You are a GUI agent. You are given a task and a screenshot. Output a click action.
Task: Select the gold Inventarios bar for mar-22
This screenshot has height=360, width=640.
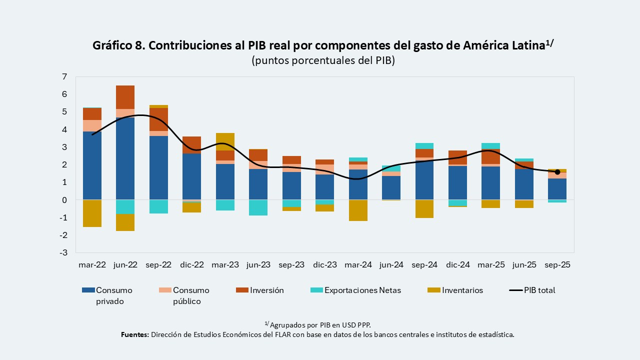[92, 213]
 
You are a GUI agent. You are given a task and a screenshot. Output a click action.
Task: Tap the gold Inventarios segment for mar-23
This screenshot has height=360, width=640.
[224, 141]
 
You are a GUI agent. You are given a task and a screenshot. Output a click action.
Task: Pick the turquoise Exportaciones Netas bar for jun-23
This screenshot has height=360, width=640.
[258, 207]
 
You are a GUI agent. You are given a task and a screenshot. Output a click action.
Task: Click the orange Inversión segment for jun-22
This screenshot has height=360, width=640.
[125, 97]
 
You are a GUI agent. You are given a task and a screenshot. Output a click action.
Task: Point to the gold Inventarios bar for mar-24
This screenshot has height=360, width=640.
[357, 210]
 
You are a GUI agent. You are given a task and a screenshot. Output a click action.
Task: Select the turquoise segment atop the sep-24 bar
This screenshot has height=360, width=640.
[424, 146]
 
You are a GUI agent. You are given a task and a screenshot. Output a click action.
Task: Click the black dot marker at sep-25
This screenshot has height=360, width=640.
[557, 172]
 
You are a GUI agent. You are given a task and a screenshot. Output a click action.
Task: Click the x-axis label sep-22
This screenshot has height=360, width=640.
[158, 265]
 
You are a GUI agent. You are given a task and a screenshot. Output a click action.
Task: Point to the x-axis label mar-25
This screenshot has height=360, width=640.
[490, 265]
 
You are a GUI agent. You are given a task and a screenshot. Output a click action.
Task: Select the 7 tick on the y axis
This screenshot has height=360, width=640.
[64, 76]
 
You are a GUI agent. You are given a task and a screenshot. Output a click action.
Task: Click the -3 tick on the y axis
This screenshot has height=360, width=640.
[63, 252]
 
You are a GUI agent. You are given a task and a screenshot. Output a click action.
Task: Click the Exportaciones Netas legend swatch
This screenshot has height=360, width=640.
[317, 290]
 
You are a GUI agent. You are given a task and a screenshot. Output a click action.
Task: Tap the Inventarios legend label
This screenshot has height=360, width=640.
[462, 290]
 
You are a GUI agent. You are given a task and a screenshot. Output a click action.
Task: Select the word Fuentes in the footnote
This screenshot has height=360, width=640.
[134, 334]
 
